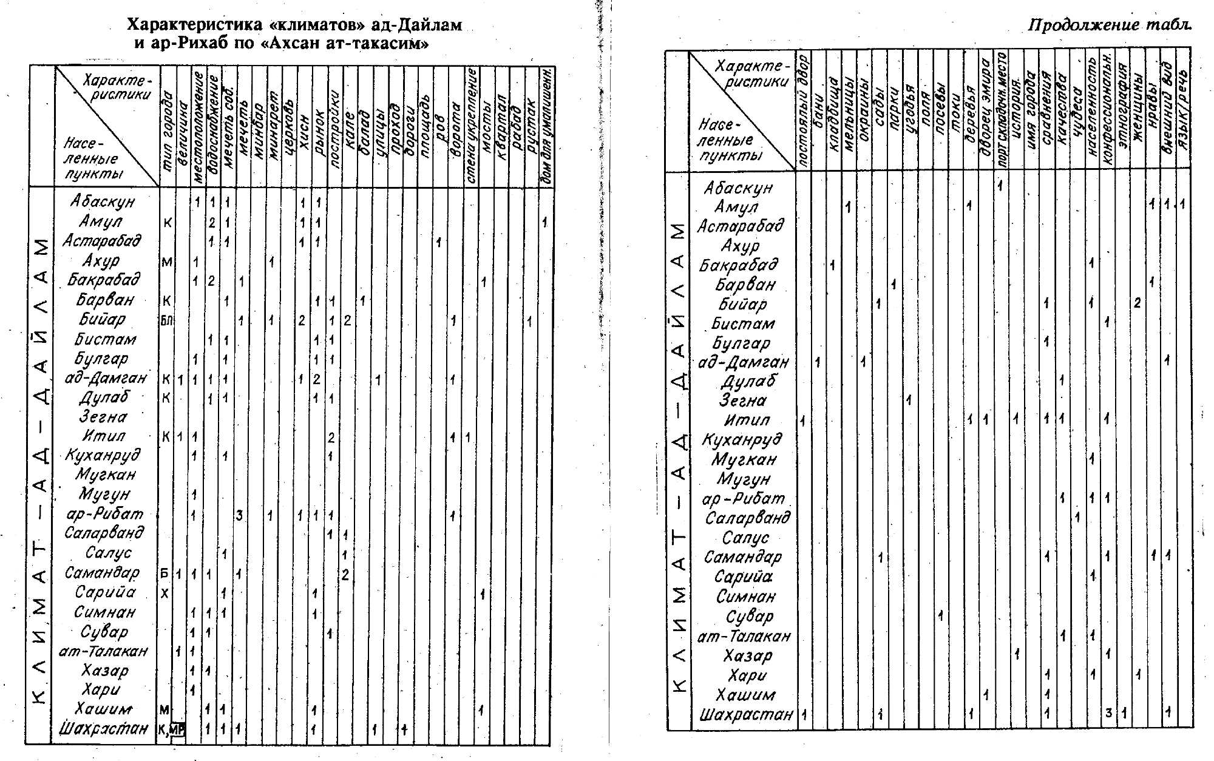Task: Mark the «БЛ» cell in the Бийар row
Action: coord(166,320)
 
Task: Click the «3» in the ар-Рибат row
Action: coord(240,516)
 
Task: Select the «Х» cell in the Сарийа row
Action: coord(164,594)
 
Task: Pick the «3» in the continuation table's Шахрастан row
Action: coord(1108,714)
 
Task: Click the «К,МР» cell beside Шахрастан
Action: coord(171,729)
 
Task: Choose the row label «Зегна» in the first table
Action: coord(103,418)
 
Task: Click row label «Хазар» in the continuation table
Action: coord(748,656)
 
